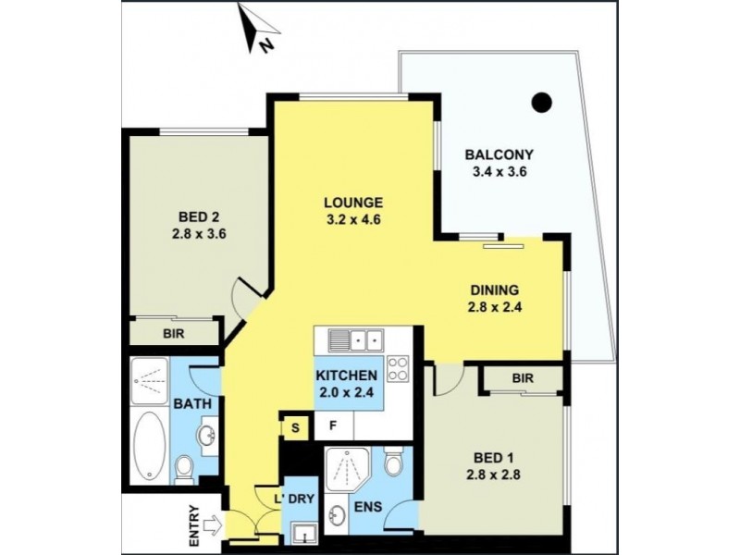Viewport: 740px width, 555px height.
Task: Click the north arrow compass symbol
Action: click(x=256, y=27)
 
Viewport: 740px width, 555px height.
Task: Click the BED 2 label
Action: click(x=199, y=217)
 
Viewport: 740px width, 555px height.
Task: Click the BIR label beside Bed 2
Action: click(x=173, y=330)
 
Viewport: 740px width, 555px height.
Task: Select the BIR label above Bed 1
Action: click(x=523, y=378)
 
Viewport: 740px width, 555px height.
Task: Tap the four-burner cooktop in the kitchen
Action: click(x=398, y=370)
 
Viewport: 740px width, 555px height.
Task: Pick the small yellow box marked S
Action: click(x=295, y=426)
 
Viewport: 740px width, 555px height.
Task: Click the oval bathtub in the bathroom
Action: click(x=148, y=449)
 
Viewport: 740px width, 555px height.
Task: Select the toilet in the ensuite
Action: click(x=394, y=462)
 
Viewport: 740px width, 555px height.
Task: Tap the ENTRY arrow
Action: click(x=211, y=524)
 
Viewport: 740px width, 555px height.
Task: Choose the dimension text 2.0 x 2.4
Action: click(x=346, y=393)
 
